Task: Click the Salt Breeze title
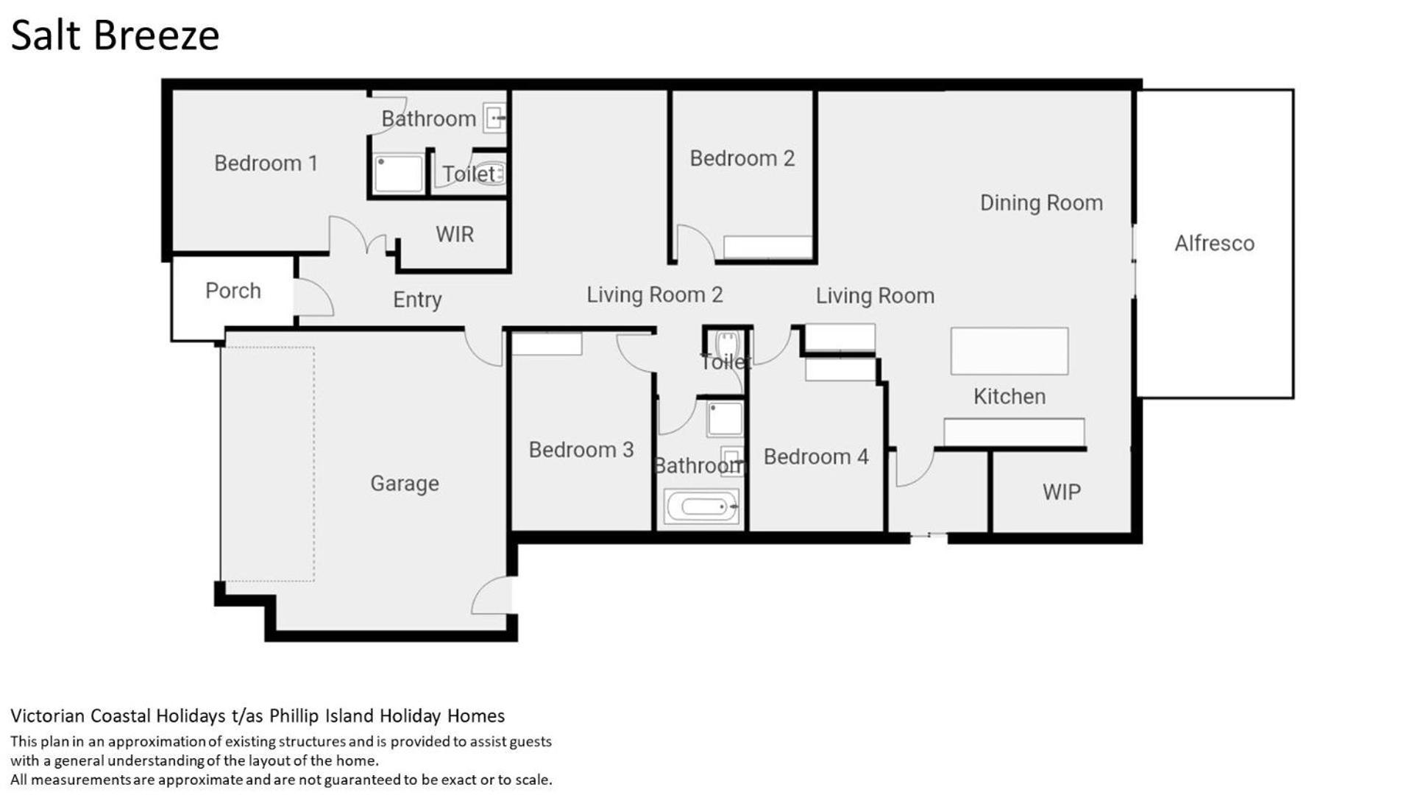click(x=116, y=35)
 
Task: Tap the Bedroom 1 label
click(x=266, y=163)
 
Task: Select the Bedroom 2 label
click(x=742, y=158)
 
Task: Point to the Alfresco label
click(x=1214, y=243)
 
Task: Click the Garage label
click(x=405, y=483)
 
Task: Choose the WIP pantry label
click(x=1061, y=492)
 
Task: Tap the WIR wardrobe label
click(x=454, y=234)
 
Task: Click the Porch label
click(x=233, y=291)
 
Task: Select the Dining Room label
click(x=1041, y=203)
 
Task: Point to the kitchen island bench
click(x=1010, y=351)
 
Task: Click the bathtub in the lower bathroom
click(x=701, y=506)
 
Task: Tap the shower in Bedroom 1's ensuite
click(x=398, y=174)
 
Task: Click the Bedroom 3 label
click(x=581, y=450)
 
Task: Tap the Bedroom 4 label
click(x=816, y=456)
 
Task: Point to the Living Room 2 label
click(x=655, y=294)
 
